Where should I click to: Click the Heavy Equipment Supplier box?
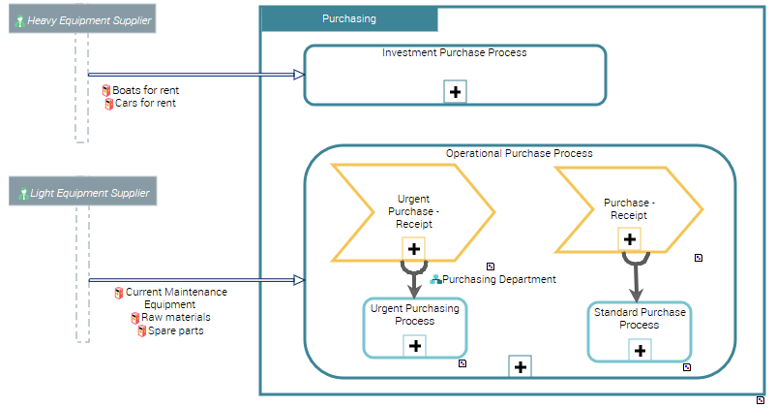tap(81, 20)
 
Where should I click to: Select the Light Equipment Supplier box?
tap(81, 193)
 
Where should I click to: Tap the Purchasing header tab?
tap(349, 18)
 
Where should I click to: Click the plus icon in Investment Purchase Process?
tap(455, 91)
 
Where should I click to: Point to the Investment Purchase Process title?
tap(455, 52)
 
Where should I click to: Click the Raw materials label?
tap(175, 317)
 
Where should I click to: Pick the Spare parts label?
tap(175, 330)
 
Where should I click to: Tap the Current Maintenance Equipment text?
tap(175, 298)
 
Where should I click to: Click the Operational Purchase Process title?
tap(519, 153)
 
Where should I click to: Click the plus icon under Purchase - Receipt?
tap(629, 238)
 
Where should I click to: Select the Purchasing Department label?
tap(498, 279)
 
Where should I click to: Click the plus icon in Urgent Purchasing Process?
tap(414, 345)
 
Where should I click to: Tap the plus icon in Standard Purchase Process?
tap(639, 349)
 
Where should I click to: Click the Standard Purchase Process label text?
tap(639, 319)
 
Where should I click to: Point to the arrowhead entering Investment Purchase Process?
tap(299, 74)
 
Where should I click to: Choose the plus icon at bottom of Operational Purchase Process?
tap(520, 366)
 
